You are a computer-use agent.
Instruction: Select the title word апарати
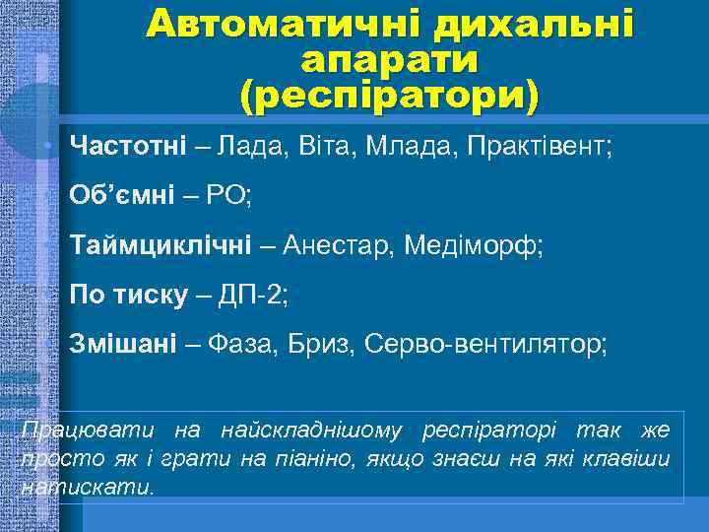coord(391,60)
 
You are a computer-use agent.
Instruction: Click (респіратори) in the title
coord(390,96)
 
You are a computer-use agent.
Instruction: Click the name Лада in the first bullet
coord(252,147)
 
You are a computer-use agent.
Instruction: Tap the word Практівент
coord(539,147)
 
